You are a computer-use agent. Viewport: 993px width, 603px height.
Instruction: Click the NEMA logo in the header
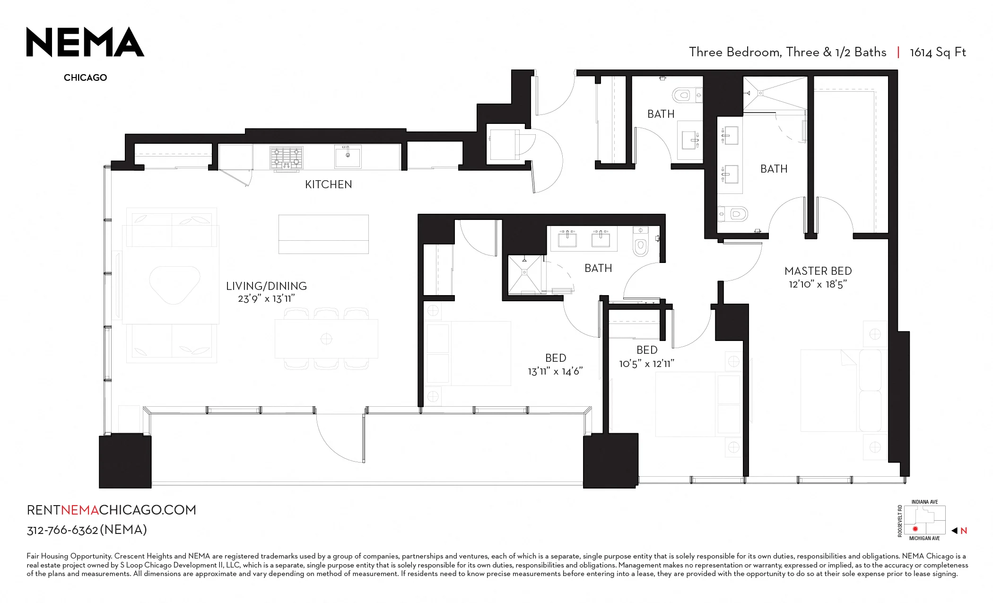pos(85,42)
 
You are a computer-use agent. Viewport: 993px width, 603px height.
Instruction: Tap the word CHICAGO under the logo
pos(86,78)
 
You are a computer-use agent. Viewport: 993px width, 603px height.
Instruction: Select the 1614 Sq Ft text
pos(938,52)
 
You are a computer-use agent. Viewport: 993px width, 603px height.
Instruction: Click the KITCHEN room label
pos(329,184)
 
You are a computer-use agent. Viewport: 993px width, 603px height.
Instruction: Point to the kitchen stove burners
pos(287,157)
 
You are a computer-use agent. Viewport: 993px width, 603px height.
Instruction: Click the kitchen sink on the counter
pos(348,156)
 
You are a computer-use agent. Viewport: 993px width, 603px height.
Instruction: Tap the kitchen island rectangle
pos(323,234)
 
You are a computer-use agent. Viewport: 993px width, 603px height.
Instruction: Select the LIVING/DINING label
pos(266,286)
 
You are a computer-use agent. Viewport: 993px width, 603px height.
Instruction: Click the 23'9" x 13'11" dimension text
pos(266,299)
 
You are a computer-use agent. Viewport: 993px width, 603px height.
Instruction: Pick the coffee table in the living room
pos(174,284)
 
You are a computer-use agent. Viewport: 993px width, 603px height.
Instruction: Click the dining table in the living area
pos(326,339)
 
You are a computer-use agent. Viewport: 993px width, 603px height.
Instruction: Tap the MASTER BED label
pos(818,271)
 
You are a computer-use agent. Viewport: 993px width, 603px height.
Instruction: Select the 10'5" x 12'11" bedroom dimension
pos(647,364)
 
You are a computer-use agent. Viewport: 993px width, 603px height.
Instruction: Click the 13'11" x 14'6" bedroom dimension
pos(555,372)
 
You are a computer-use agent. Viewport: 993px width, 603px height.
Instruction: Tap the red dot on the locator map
pos(915,529)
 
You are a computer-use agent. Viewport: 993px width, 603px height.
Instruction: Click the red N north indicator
pos(964,531)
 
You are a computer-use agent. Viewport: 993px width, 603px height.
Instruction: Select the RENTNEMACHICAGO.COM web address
pos(112,510)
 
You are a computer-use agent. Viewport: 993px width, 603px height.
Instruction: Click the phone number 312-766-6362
pos(62,530)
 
